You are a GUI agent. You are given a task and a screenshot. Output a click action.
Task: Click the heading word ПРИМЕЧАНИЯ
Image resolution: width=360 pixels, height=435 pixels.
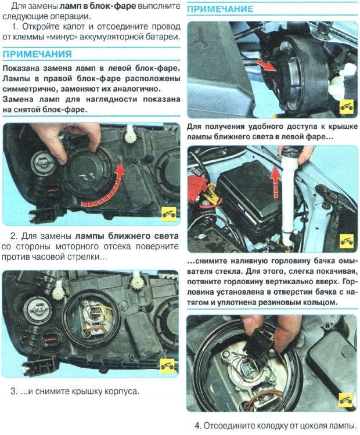point(37,54)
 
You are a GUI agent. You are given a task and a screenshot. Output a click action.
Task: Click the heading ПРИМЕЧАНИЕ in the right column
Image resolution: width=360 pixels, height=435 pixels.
point(220,9)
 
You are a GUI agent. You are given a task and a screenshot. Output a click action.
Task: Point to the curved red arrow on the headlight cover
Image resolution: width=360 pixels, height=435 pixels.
point(104,191)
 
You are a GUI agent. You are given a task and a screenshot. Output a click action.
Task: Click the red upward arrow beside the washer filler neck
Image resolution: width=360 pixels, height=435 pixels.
point(275,182)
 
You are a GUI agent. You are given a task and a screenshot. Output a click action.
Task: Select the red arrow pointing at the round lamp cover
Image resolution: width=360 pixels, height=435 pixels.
point(267,66)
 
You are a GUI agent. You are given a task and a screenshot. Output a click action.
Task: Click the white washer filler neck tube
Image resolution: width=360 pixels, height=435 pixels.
point(288,200)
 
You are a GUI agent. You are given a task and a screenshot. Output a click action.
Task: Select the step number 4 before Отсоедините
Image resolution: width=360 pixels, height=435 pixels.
point(197,426)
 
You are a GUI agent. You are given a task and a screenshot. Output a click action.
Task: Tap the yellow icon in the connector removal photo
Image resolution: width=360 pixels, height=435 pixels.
point(346,400)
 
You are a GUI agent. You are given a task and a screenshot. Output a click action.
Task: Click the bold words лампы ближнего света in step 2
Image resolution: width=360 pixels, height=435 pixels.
point(127,236)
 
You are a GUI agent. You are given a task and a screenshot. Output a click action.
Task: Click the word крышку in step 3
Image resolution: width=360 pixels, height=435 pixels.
point(87,391)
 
